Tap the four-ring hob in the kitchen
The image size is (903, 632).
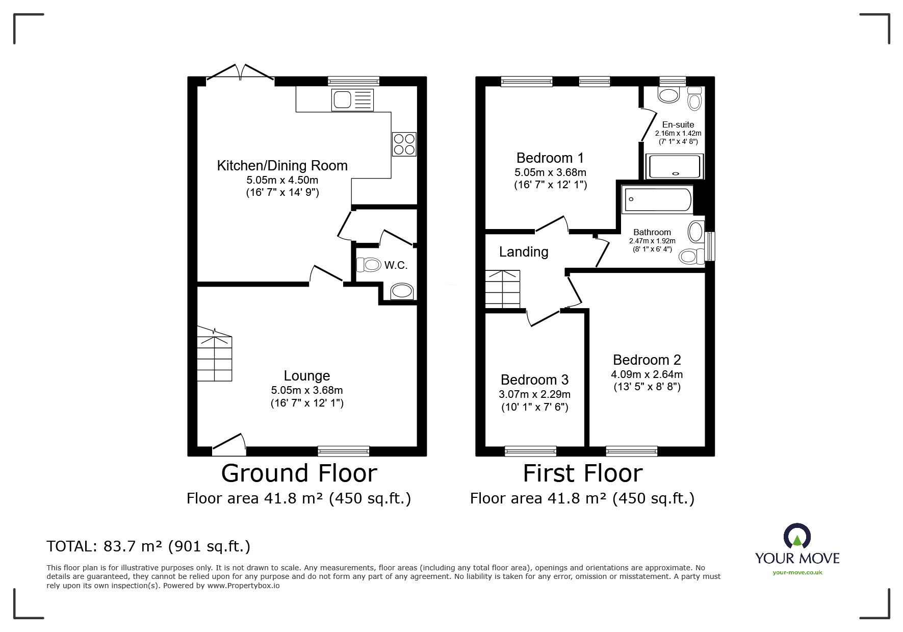(404, 144)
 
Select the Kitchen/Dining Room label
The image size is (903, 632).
(282, 165)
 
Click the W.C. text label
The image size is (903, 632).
(396, 265)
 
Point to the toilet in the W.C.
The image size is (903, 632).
(369, 265)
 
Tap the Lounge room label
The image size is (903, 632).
(307, 376)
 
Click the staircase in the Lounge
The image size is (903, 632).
(215, 355)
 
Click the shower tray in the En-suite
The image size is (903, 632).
(675, 166)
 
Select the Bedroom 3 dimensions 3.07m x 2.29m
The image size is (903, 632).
(534, 394)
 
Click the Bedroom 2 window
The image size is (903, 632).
(632, 451)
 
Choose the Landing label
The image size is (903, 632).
(524, 252)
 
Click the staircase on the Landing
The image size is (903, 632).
(502, 289)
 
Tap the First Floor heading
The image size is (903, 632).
(583, 473)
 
